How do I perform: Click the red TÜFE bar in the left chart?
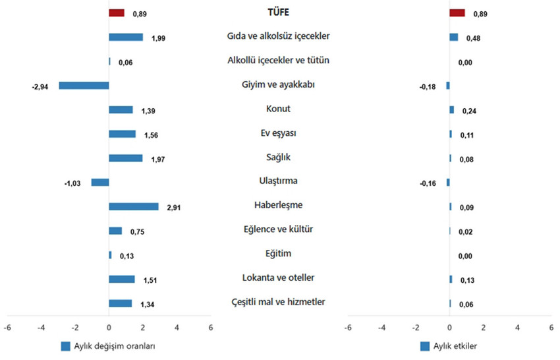pos(117,13)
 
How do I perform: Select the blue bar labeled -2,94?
pos(84,85)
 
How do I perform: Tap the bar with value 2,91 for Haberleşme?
pos(134,206)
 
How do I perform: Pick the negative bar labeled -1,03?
pos(100,182)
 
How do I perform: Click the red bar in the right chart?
pos(457,13)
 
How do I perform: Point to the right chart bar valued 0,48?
pos(454,37)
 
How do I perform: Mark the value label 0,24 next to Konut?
pos(469,111)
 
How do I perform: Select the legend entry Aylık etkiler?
pos(455,346)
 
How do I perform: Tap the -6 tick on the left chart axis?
pos(7,327)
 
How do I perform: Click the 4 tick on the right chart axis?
pos(517,327)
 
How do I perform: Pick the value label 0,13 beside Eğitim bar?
pos(127,256)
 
